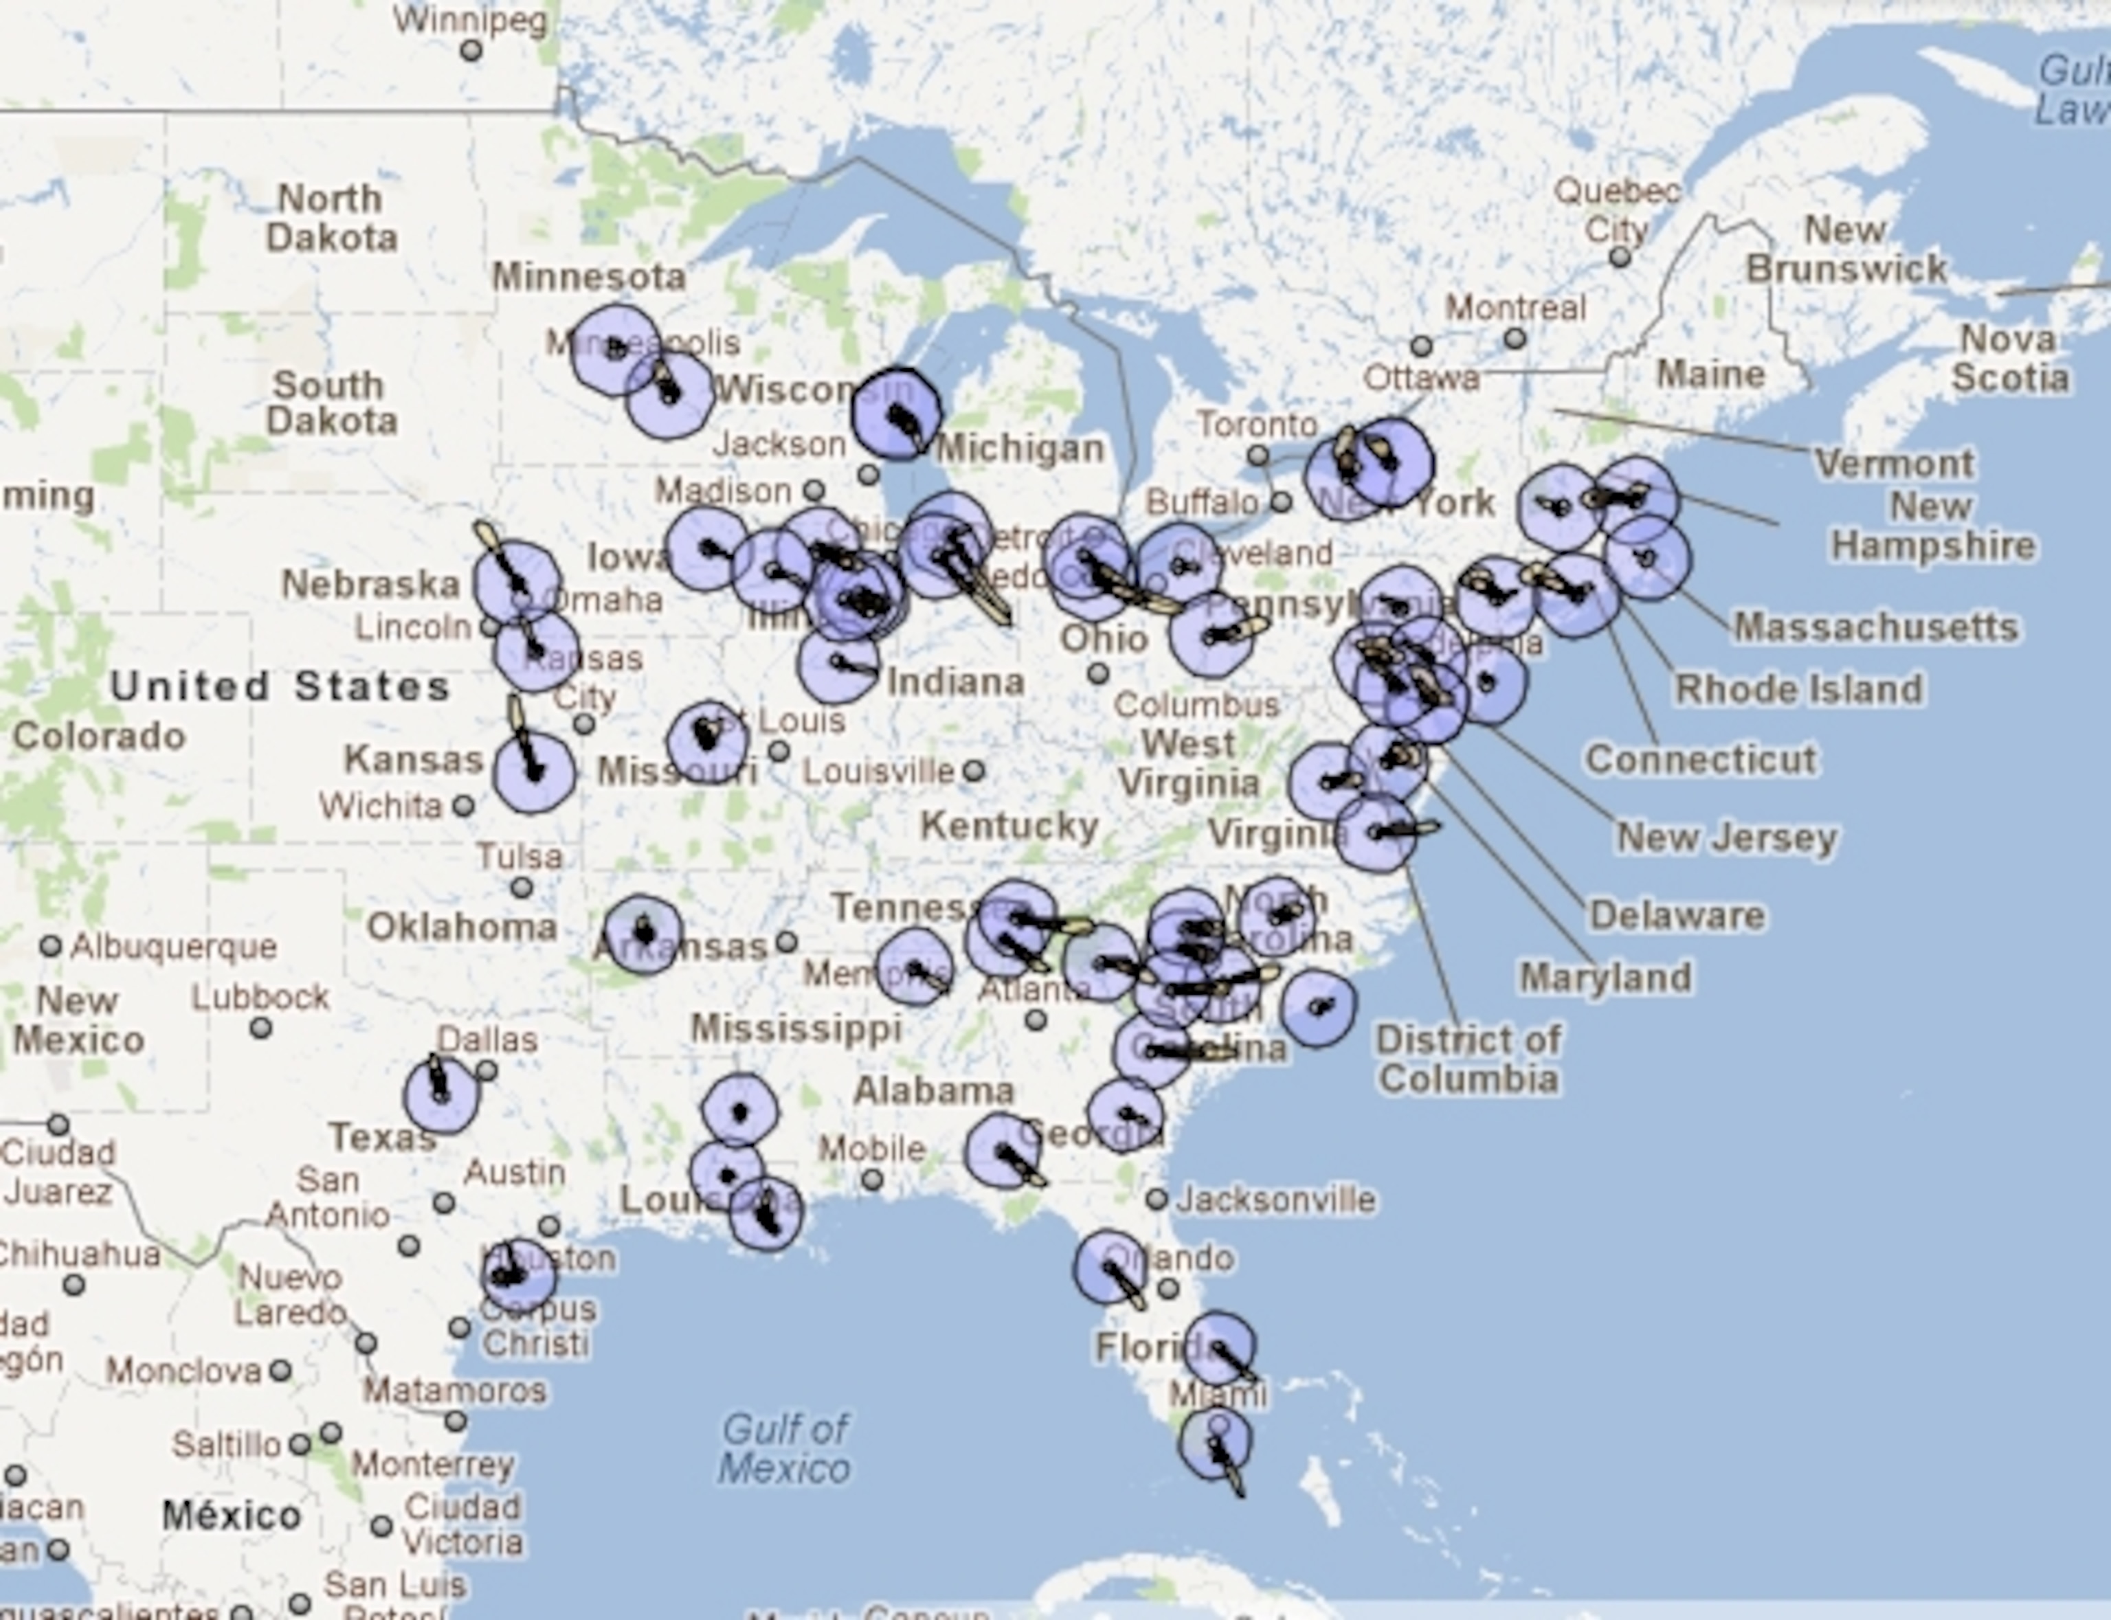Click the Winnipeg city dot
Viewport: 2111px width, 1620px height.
(x=471, y=50)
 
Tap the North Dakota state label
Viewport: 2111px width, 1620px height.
(x=331, y=218)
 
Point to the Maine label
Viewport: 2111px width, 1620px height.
(x=1711, y=374)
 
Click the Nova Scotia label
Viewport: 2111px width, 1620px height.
(x=2011, y=358)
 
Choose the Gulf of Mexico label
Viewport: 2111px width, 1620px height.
(x=785, y=1448)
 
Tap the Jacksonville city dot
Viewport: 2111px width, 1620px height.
(x=1157, y=1200)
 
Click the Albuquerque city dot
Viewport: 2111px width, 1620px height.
(x=50, y=946)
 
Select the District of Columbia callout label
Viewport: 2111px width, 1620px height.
(x=1468, y=1059)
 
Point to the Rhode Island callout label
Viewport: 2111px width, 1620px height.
(x=1798, y=690)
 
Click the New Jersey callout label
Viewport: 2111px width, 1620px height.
(x=1726, y=837)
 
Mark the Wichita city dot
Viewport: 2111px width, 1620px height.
(x=464, y=805)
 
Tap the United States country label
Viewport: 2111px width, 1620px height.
(x=280, y=686)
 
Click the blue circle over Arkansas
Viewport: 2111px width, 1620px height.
(x=643, y=934)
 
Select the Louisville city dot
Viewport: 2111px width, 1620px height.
(x=974, y=770)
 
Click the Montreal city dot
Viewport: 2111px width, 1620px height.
(x=1515, y=339)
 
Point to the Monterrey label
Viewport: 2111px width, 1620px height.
(x=432, y=1464)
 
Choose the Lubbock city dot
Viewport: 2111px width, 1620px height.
(x=260, y=1028)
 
